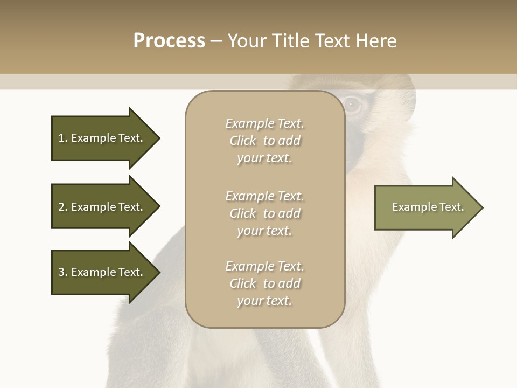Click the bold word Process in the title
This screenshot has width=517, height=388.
pyautogui.click(x=169, y=41)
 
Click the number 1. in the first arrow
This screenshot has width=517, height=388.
pyautogui.click(x=63, y=138)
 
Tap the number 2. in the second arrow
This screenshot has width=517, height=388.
pyautogui.click(x=63, y=207)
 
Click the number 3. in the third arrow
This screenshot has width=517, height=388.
pyautogui.click(x=63, y=272)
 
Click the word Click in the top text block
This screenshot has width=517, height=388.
pyautogui.click(x=243, y=141)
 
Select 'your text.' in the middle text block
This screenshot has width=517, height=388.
pyautogui.click(x=264, y=231)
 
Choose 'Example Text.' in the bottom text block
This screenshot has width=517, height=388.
pyautogui.click(x=264, y=266)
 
